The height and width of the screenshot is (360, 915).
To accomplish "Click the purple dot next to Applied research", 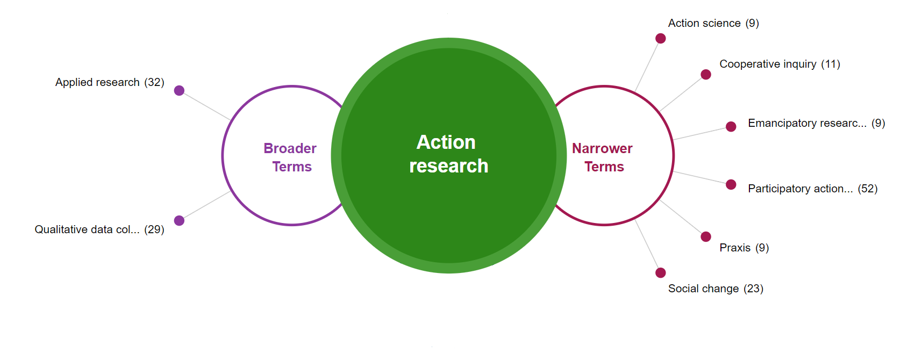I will (x=180, y=90).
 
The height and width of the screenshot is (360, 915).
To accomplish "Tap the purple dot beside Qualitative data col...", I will (x=180, y=220).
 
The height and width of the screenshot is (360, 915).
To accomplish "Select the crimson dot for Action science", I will (x=661, y=38).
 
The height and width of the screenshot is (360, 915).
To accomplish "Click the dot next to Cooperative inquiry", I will (x=706, y=74).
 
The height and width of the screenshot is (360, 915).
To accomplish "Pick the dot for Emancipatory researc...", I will (x=731, y=127).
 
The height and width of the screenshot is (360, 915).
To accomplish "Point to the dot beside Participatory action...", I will (x=731, y=184).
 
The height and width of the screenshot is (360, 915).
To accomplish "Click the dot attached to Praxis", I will (x=706, y=236).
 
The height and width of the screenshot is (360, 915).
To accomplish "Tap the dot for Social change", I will (x=661, y=272).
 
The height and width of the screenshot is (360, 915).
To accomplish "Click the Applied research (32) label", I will (x=110, y=82).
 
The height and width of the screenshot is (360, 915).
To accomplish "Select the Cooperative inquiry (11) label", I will (x=780, y=64).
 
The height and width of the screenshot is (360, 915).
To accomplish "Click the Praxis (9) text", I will (x=744, y=248).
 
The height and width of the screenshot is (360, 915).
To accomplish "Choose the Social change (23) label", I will (x=716, y=289).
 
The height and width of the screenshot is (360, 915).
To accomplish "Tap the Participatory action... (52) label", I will (x=812, y=189).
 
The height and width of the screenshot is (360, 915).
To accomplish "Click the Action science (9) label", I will (x=713, y=23).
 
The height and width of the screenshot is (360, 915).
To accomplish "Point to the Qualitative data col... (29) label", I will (x=99, y=229).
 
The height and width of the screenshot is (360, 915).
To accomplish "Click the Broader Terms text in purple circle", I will (x=290, y=157).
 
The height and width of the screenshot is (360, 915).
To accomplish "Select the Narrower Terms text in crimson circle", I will (x=603, y=157).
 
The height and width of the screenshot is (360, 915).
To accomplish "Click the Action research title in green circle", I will (x=448, y=154).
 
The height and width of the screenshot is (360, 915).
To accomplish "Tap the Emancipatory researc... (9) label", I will (x=816, y=123).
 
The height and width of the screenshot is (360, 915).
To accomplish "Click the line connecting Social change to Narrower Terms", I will (x=647, y=245).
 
